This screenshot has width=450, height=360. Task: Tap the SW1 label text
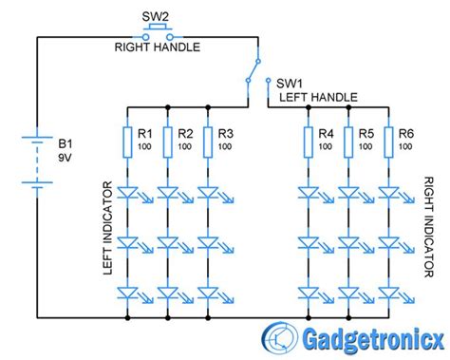point(288,82)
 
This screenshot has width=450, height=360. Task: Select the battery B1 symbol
point(37,162)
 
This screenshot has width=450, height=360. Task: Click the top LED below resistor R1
point(127,194)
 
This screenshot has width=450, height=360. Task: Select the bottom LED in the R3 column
point(208,295)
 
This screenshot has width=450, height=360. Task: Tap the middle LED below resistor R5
point(347,244)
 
